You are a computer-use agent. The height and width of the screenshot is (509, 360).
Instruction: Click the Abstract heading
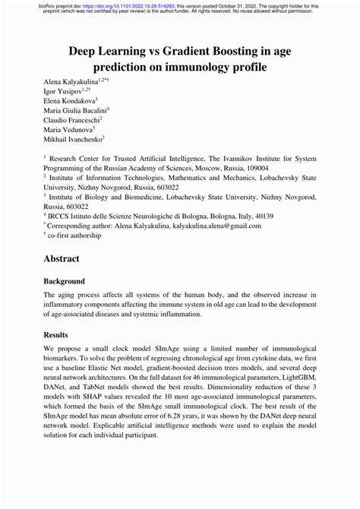(62, 258)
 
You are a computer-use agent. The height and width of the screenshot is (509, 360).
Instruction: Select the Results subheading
(57, 334)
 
